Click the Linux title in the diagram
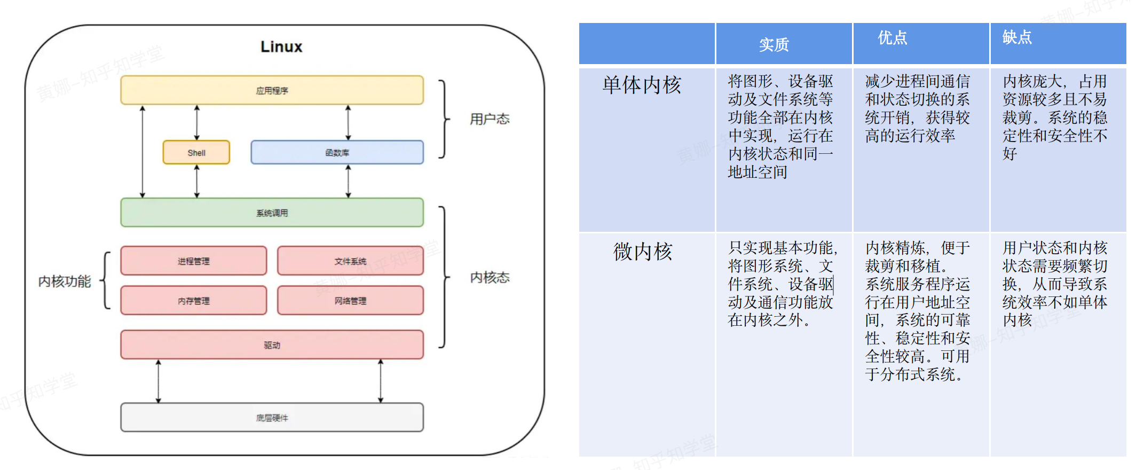point(281,47)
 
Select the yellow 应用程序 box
point(272,90)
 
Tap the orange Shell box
point(196,153)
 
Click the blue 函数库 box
point(337,153)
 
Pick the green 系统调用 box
point(272,213)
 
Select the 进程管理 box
point(193,261)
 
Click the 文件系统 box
point(350,261)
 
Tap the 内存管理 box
point(193,301)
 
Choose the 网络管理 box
point(350,301)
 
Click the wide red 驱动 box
point(272,345)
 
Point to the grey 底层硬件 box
point(272,418)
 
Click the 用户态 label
point(490,119)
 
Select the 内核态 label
point(490,277)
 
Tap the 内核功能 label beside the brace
point(65,281)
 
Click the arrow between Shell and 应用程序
point(197,123)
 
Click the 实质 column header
point(774,45)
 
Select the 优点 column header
point(892,38)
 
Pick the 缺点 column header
point(1016,37)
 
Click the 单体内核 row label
point(642,85)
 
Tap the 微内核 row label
point(643,252)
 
